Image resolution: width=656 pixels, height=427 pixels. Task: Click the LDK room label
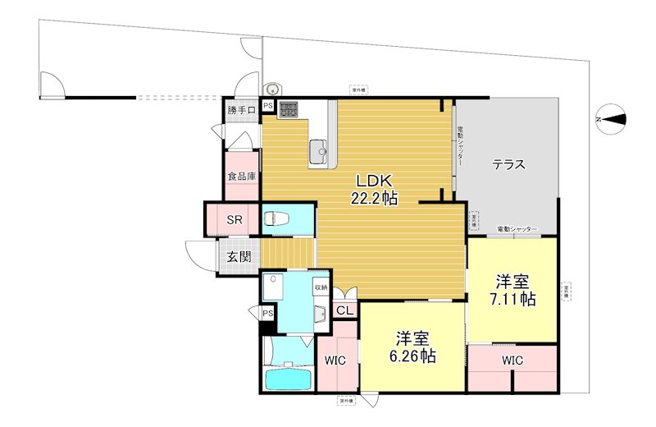[375, 180]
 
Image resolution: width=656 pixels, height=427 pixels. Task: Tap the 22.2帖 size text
[376, 198]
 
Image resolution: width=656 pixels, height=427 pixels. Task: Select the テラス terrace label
[508, 164]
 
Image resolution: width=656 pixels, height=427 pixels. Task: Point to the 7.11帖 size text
[514, 299]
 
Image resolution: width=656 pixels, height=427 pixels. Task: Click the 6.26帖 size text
[413, 356]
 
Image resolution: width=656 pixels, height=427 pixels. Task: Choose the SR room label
[234, 220]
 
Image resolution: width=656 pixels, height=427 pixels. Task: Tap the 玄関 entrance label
[239, 256]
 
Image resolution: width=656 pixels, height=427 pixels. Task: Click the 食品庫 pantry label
[242, 176]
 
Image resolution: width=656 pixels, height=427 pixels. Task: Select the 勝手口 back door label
[242, 110]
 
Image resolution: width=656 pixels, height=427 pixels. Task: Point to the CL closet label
[345, 310]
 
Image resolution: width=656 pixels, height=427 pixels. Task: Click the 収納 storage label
[320, 287]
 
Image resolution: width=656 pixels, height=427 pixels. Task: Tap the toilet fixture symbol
[275, 219]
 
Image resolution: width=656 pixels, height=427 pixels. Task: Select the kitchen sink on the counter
[319, 149]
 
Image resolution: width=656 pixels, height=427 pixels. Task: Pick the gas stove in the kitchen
[289, 109]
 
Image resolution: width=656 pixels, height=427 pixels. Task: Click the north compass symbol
[611, 120]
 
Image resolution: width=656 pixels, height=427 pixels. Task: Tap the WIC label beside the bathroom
[335, 360]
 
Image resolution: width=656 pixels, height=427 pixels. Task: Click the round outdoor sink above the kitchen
[271, 90]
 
